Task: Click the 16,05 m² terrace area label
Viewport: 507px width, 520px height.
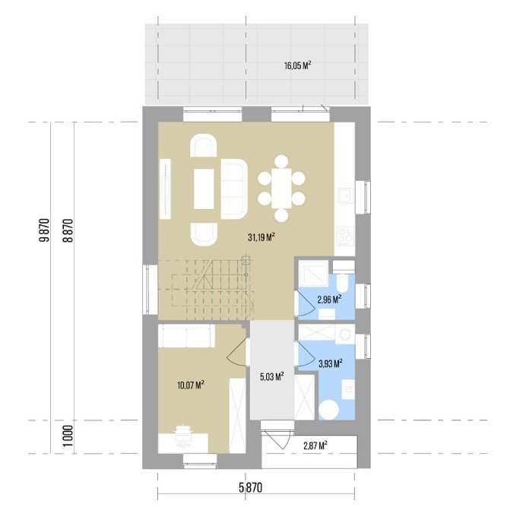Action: click(297, 65)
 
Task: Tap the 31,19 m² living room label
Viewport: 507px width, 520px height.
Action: click(261, 237)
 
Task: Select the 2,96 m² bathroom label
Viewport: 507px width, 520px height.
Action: click(330, 300)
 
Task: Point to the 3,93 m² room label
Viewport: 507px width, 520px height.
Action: click(330, 364)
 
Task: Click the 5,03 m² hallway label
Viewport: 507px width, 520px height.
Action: click(271, 376)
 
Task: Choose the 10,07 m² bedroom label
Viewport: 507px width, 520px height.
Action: click(190, 385)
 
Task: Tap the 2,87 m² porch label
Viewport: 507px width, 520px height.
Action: click(315, 445)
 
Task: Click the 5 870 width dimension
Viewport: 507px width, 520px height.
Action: click(250, 488)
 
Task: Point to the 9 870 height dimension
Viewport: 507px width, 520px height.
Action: click(44, 230)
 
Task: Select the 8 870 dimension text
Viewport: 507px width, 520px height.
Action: click(68, 230)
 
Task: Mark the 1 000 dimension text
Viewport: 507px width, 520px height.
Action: click(68, 436)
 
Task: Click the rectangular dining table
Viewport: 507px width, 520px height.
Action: click(281, 189)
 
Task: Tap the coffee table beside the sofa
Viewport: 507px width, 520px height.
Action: click(204, 189)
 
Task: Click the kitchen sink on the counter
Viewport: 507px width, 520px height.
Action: click(346, 195)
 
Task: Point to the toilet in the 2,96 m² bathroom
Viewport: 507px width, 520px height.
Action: click(341, 282)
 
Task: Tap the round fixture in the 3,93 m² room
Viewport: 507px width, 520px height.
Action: click(329, 410)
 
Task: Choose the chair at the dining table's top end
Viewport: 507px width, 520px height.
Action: click(281, 161)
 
